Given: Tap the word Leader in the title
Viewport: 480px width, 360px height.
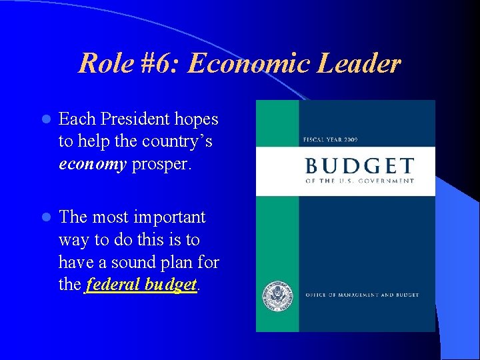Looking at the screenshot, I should tap(361, 64).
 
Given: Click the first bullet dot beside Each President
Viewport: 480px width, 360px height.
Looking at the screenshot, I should tap(45, 120).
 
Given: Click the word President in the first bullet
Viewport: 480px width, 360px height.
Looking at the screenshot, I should tap(134, 119).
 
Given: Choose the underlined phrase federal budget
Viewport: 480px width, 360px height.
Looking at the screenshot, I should tap(141, 285).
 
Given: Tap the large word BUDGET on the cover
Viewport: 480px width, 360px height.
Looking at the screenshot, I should tap(359, 166).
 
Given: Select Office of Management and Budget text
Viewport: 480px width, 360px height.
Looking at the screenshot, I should tap(362, 295).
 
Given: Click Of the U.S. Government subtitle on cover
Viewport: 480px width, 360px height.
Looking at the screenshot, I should tap(359, 181).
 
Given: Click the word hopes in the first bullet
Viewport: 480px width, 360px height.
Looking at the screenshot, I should tap(197, 119).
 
